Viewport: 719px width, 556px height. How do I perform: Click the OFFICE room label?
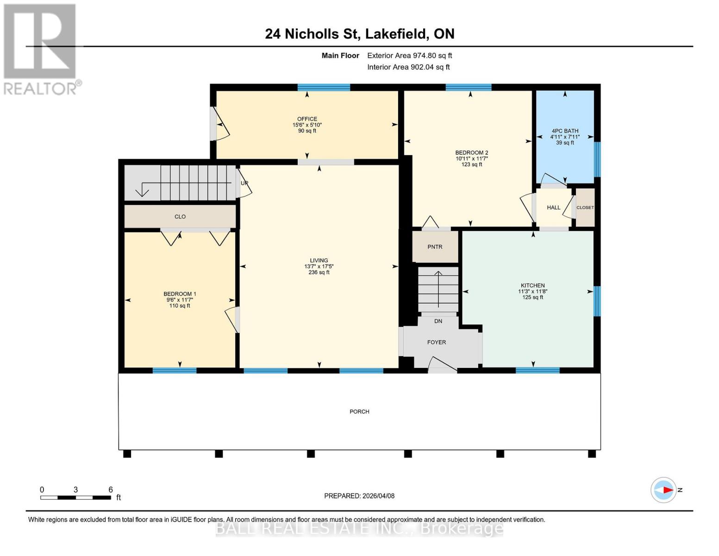click(307, 119)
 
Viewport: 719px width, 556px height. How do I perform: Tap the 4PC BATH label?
click(565, 131)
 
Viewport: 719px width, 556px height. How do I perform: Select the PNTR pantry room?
click(435, 247)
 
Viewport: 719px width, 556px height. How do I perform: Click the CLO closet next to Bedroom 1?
click(180, 216)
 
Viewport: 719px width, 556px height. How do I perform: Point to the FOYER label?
click(436, 342)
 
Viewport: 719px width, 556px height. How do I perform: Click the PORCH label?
click(359, 411)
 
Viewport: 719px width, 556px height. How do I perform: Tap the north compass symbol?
click(664, 490)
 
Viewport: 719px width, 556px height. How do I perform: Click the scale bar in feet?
click(75, 498)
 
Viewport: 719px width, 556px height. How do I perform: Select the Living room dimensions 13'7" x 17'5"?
click(319, 266)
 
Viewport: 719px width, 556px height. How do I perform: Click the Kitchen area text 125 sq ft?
click(532, 297)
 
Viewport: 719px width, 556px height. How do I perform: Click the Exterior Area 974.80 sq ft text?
click(409, 56)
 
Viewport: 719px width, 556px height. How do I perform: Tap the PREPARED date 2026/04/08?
click(359, 496)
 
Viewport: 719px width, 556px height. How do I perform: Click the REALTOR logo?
click(41, 49)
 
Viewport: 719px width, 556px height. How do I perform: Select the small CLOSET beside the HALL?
click(585, 208)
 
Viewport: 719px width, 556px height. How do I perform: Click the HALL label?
click(553, 208)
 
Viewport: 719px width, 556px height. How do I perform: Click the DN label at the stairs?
click(438, 321)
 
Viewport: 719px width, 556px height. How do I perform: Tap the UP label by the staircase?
click(244, 183)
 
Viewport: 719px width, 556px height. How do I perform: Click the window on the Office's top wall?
click(324, 87)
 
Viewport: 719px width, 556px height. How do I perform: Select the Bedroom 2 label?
click(471, 153)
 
